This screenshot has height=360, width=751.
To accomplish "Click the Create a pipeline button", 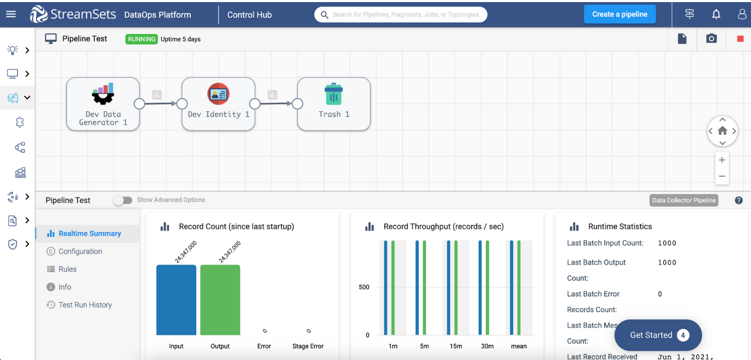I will (620, 14).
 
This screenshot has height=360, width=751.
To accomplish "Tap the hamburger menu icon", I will (11, 14).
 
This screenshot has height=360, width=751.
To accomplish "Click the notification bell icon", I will (716, 15).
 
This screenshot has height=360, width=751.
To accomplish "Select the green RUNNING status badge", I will (141, 39).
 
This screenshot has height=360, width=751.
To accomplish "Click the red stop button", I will (740, 39).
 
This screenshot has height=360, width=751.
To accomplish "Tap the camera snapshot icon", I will (711, 39).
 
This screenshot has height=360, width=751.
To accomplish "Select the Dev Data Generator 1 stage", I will (103, 104).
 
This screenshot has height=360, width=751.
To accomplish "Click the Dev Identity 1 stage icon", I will (218, 94).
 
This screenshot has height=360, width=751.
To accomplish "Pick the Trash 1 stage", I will (334, 104).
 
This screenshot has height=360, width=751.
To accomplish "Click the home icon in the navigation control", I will (722, 131).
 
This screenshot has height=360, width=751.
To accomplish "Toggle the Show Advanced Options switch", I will (123, 200).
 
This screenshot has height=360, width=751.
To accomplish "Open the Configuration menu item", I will (80, 251).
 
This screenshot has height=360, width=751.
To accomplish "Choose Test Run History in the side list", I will (85, 305).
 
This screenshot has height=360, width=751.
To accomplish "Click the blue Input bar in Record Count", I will (176, 300).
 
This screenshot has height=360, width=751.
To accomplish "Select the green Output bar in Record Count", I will (220, 300).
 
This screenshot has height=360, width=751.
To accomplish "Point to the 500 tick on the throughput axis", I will (364, 287).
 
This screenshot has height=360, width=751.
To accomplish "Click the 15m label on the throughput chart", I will (456, 346).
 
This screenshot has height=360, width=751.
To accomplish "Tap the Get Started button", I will (658, 335).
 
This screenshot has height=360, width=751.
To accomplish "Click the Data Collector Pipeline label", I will (684, 200).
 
